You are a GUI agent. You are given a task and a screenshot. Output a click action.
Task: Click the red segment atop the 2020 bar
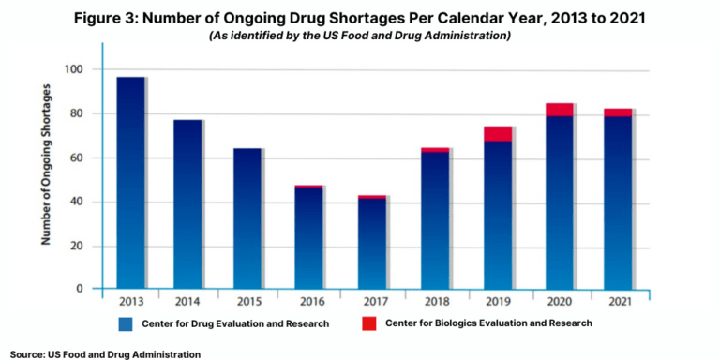pyautogui.click(x=559, y=110)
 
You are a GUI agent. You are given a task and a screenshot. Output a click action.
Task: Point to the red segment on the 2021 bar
pyautogui.click(x=617, y=112)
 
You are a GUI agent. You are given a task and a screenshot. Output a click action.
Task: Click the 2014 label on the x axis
pyautogui.click(x=188, y=303)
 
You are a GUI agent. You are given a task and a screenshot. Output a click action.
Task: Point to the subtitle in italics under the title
pyautogui.click(x=359, y=35)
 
